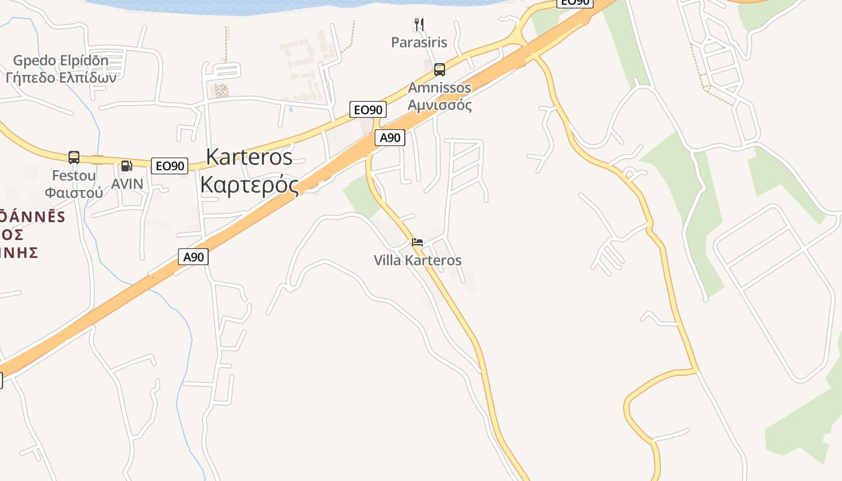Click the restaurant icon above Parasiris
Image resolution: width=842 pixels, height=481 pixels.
(419, 25)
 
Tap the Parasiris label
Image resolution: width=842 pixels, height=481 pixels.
(419, 42)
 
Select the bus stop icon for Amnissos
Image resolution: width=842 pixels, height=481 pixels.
(440, 70)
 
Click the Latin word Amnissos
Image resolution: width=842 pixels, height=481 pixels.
(440, 88)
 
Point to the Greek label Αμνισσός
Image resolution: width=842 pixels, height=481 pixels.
(440, 105)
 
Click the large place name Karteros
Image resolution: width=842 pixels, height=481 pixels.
(249, 157)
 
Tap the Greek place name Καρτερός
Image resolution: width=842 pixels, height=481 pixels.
(249, 184)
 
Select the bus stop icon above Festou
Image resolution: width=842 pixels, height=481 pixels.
(74, 158)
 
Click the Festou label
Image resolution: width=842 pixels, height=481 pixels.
(74, 176)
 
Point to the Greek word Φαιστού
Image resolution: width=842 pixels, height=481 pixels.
(74, 192)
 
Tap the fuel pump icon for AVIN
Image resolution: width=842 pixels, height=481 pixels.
(126, 166)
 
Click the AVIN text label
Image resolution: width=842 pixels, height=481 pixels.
(128, 183)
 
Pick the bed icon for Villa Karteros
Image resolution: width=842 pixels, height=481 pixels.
(417, 242)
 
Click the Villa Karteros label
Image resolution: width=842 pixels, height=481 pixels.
(417, 260)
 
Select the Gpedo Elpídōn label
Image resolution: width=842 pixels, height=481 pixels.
(61, 61)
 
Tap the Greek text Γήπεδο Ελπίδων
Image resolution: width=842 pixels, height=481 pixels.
(61, 78)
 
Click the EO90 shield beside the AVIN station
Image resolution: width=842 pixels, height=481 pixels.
(170, 166)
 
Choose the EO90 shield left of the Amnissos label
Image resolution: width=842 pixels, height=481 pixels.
(368, 109)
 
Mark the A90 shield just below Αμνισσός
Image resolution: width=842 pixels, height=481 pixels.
(390, 138)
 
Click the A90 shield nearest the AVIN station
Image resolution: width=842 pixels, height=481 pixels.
(194, 257)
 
